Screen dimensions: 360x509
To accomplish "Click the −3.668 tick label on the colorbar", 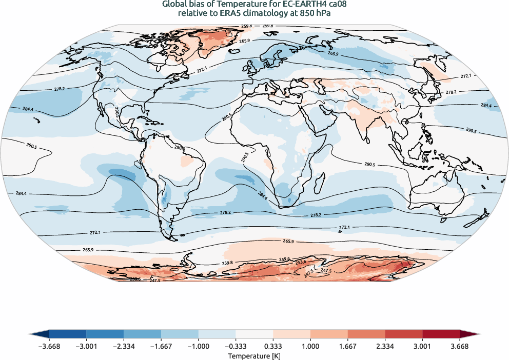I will click(x=49, y=346).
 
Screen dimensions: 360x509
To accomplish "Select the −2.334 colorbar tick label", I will click(x=124, y=346).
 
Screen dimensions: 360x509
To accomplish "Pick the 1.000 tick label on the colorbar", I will click(x=310, y=346).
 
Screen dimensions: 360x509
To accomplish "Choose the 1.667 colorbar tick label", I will click(x=348, y=346).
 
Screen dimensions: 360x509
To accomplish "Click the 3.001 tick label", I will click(x=422, y=346).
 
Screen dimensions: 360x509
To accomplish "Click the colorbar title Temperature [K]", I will click(x=254, y=355).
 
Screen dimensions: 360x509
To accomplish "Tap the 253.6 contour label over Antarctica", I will click(x=302, y=262).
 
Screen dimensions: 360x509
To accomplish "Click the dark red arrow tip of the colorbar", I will click(x=469, y=334).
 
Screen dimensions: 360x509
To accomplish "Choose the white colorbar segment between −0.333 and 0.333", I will click(x=254, y=334).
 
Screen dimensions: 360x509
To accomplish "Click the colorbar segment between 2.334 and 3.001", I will click(x=404, y=334).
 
